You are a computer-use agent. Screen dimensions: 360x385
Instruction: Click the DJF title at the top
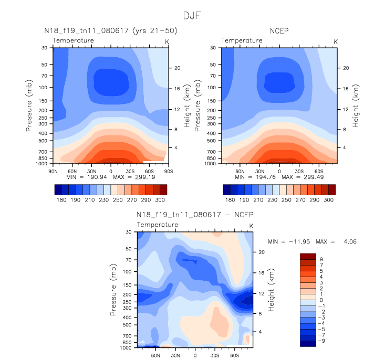tap(192, 14)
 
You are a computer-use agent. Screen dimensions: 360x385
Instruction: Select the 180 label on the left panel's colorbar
tap(61, 200)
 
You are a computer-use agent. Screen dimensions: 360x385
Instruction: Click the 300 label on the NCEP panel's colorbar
tap(329, 200)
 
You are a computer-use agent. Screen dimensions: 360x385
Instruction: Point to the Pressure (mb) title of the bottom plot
tap(113, 289)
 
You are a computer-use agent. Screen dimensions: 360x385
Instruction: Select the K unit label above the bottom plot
tap(251, 226)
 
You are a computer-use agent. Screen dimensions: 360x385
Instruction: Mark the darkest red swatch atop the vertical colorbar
tap(307, 256)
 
